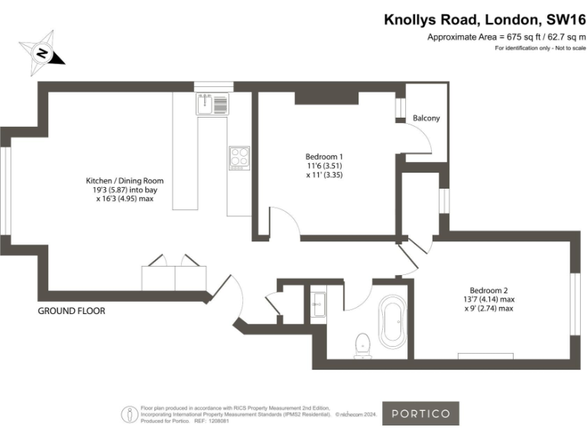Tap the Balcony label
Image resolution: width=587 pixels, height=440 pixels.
[x=426, y=118]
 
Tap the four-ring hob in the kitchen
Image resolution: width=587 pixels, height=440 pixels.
[x=239, y=156]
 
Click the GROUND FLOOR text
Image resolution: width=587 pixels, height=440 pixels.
[x=72, y=311]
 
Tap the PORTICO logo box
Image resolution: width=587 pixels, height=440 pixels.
[x=420, y=413]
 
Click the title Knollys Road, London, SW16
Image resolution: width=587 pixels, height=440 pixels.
[x=485, y=20]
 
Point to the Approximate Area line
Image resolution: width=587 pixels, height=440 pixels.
[x=506, y=37]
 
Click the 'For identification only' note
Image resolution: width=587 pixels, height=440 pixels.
[x=540, y=49]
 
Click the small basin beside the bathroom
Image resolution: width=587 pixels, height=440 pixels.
[x=318, y=306]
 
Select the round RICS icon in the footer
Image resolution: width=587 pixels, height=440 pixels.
[x=131, y=414]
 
